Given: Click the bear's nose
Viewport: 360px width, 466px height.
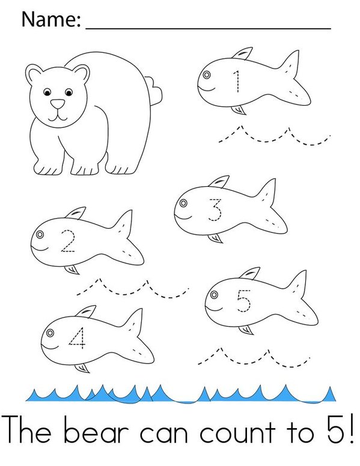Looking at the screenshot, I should point(56,104).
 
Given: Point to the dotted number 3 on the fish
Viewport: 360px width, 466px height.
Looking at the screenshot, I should point(215,211).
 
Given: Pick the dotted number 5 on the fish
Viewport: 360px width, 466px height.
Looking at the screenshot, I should point(243,301).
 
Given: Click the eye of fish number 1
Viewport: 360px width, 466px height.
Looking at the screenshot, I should point(206,76).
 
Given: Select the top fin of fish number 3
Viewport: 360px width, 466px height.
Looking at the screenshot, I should point(220,181).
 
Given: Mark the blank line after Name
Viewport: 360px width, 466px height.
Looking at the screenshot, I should point(209,26).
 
